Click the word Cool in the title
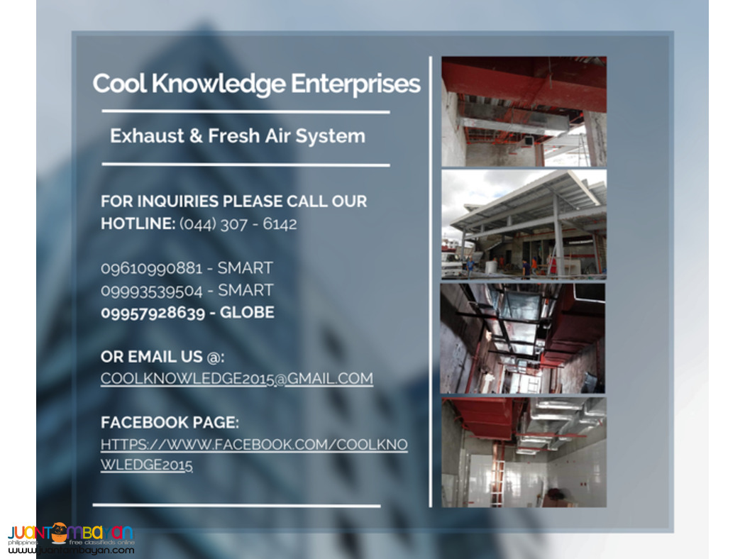coord(120,84)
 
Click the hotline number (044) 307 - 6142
coord(238,224)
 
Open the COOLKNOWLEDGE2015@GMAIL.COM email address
coord(236,379)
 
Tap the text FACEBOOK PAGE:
coord(170,423)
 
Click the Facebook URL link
coord(253,445)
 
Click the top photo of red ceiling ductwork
coord(524,111)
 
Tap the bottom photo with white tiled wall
coord(524,452)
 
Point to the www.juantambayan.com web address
coord(71,550)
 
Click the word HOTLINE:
coord(138,224)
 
